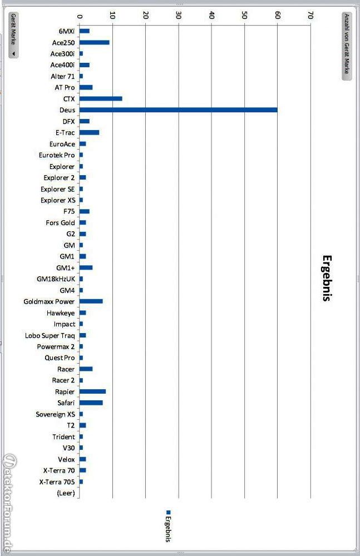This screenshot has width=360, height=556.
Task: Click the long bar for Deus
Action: (x=178, y=110)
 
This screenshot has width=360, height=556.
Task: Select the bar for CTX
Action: (x=101, y=98)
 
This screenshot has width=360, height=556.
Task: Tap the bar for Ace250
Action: (x=94, y=42)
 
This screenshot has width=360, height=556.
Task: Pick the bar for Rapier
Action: (x=92, y=391)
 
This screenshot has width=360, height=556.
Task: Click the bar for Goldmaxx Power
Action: (x=91, y=301)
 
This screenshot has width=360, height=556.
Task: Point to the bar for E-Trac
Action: (x=89, y=132)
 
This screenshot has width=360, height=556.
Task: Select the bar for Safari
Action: (x=91, y=403)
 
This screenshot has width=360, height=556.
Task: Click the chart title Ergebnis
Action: (x=327, y=278)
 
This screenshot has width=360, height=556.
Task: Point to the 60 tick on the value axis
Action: (x=277, y=16)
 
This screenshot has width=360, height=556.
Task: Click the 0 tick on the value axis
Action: (x=80, y=16)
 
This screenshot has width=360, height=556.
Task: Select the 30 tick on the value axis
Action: (x=178, y=16)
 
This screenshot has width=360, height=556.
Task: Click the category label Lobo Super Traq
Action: (x=50, y=335)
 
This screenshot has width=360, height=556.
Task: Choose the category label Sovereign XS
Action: (x=56, y=414)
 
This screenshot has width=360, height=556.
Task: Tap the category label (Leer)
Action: (x=66, y=493)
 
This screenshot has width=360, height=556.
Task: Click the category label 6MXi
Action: (x=66, y=31)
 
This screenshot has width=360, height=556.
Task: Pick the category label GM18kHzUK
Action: (x=56, y=279)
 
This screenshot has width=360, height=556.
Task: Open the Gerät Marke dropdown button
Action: (x=13, y=35)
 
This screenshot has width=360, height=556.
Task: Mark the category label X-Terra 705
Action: (x=58, y=481)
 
